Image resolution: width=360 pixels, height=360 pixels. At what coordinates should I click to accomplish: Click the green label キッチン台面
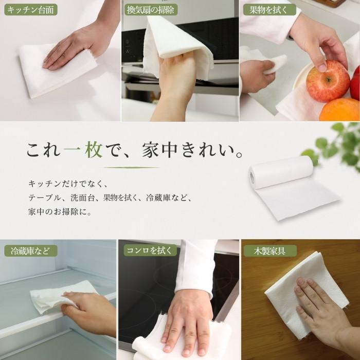coord(31,10)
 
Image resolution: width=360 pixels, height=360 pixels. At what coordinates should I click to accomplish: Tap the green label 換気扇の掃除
coord(151,10)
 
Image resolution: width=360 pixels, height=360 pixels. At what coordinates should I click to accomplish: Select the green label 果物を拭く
coord(269,10)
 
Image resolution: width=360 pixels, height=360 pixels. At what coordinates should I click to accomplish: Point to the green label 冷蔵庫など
coord(31,251)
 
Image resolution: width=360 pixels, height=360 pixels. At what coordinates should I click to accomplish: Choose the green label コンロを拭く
coord(150,250)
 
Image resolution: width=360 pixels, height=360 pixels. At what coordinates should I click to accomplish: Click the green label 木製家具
coord(270,251)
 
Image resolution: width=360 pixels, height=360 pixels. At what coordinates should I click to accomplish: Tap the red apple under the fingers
coord(328,81)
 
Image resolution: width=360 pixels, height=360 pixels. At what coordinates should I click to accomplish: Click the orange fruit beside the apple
coord(339,110)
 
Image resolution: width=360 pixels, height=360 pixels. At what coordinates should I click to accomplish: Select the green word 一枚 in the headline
coord(83,150)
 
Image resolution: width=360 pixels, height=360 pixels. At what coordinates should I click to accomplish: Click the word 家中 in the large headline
coord(160,150)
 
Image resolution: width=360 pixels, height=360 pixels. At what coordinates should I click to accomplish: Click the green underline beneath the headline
coord(131,168)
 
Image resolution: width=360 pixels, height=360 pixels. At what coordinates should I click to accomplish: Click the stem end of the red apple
coord(329,80)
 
